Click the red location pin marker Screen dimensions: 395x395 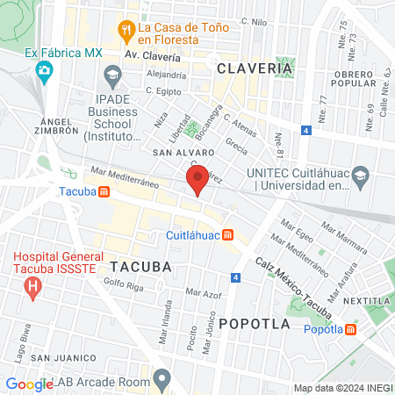(x=197, y=180)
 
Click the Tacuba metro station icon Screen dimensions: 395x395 (x=104, y=190)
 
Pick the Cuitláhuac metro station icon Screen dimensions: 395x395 (x=228, y=234)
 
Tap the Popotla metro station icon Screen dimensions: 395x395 (x=350, y=329)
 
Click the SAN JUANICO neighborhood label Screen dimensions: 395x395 (x=62, y=358)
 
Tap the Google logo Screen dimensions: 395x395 (x=29, y=384)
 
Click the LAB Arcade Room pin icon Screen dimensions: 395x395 (x=162, y=379)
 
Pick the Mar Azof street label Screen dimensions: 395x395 (x=203, y=292)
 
